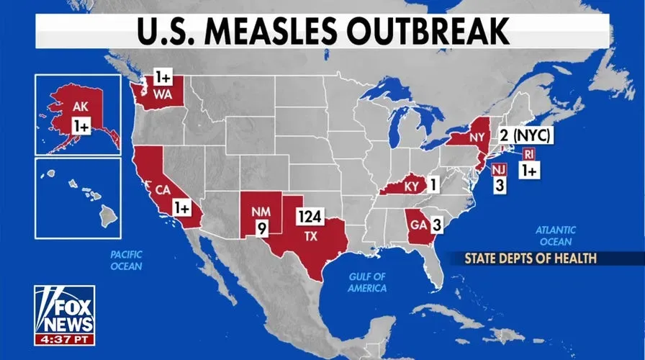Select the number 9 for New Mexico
coord(261,230)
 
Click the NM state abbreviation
coord(260,213)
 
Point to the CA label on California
coord(162,191)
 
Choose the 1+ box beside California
coord(182,207)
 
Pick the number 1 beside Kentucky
coord(433,184)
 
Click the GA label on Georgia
coord(415,224)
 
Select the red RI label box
coord(528,154)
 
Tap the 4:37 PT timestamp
coord(64,338)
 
